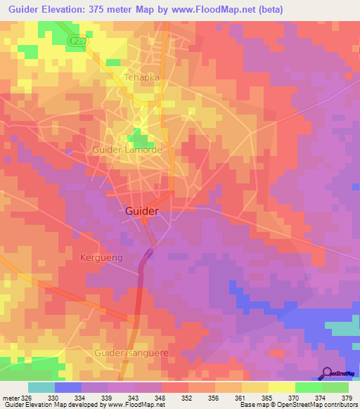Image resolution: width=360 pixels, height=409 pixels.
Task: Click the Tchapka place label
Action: pyautogui.click(x=141, y=77)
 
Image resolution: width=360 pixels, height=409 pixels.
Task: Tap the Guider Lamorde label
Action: pyautogui.click(x=127, y=150)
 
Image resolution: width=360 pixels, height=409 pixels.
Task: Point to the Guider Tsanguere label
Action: pyautogui.click(x=132, y=352)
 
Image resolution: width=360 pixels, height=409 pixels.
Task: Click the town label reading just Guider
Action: pyautogui.click(x=141, y=211)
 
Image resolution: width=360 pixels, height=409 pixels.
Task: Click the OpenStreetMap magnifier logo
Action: pyautogui.click(x=327, y=372)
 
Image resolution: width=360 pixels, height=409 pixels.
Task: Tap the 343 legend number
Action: pyautogui.click(x=135, y=397)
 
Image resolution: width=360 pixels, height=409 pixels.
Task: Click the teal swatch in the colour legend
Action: pyautogui.click(x=41, y=387)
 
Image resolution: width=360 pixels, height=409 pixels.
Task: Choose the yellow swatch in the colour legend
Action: pyautogui.click(x=282, y=387)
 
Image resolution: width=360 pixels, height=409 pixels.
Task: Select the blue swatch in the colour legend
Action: pyautogui.click(x=68, y=387)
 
